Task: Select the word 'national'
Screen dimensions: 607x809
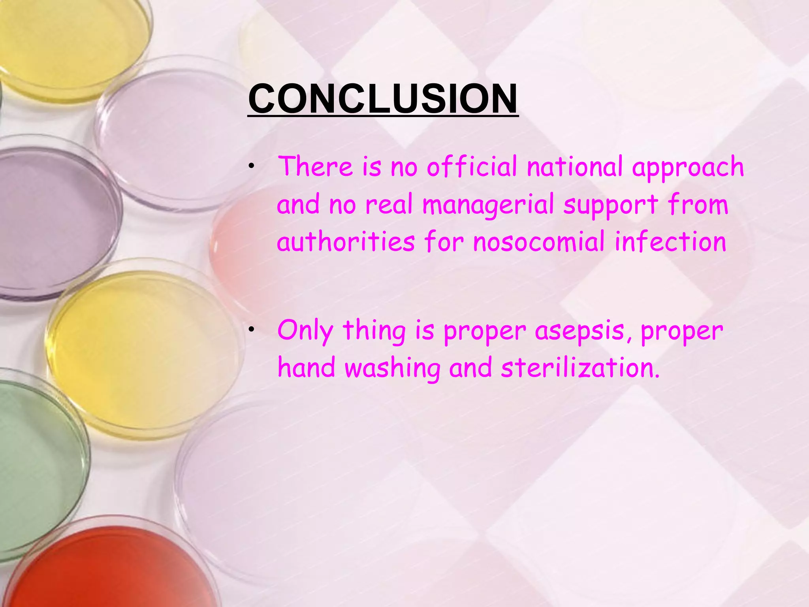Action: [x=575, y=167]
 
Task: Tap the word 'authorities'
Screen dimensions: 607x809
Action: [x=346, y=242]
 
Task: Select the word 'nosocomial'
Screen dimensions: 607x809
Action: [x=539, y=242]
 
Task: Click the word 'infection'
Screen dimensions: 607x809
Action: [x=670, y=242]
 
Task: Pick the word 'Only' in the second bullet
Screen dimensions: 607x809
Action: [x=305, y=331]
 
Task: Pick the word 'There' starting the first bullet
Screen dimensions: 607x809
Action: [x=315, y=167]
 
